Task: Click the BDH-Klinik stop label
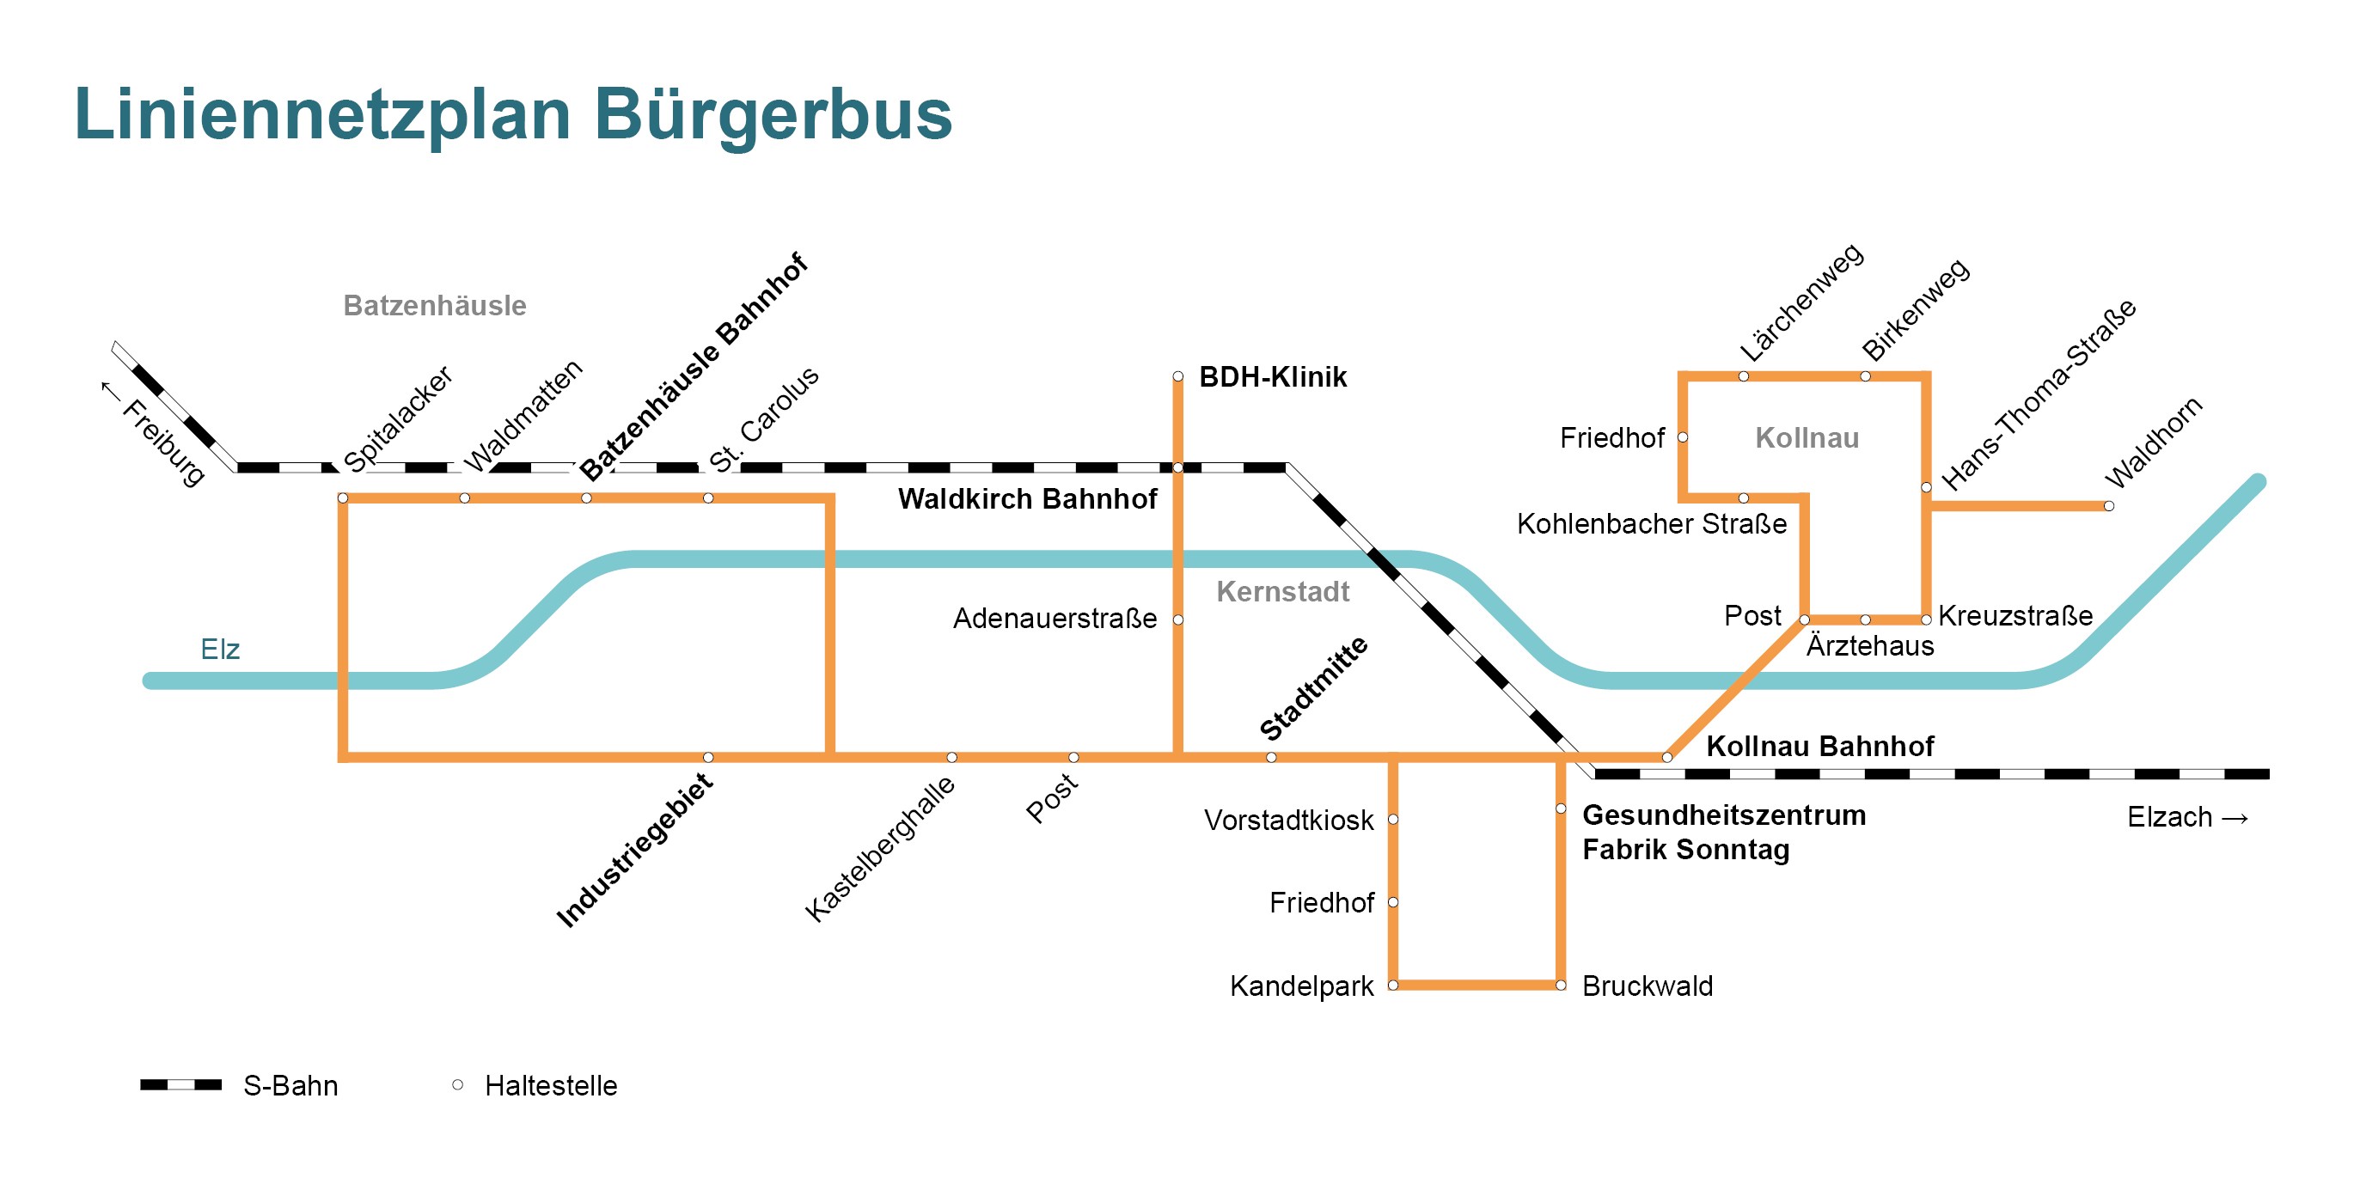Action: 1272,376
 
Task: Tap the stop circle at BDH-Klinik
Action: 1177,376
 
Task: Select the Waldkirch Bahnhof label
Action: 1027,498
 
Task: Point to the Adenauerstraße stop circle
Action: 1177,619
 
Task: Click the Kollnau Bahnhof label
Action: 1819,746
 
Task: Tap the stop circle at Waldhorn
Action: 2109,506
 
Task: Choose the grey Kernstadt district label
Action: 1282,591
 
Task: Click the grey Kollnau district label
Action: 1807,438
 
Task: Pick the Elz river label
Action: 219,650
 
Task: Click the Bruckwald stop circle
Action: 1561,986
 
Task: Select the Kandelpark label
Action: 1301,986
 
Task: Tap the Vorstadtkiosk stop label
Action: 1288,820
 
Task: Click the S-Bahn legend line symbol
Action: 181,1084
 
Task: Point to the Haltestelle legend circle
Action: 457,1084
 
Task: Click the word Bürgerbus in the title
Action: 773,115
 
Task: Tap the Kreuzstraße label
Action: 2015,615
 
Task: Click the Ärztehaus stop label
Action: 1870,645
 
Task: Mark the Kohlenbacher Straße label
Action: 1652,523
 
